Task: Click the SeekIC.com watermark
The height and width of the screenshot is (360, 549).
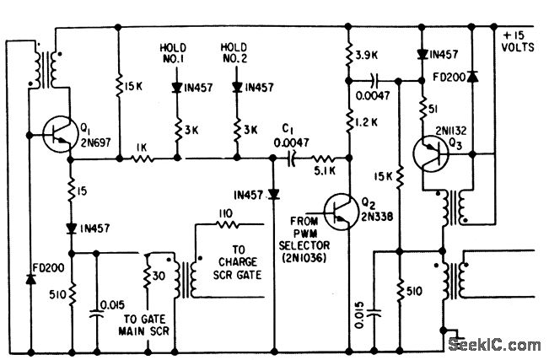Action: click(x=496, y=344)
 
